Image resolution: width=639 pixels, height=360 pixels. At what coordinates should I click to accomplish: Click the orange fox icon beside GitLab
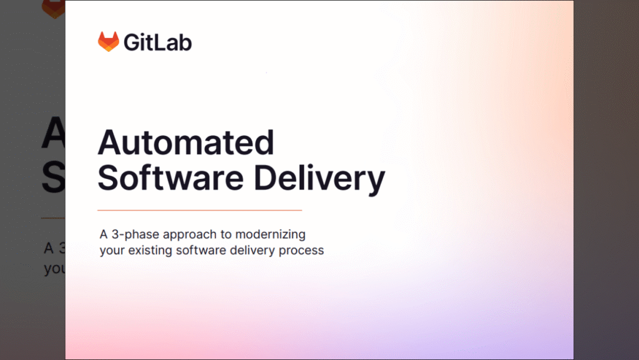(x=108, y=42)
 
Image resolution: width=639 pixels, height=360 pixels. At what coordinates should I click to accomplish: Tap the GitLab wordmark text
(x=157, y=42)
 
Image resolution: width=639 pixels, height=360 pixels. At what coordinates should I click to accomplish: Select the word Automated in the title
(x=186, y=143)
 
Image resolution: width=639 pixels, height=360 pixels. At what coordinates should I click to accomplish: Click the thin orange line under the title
(x=200, y=210)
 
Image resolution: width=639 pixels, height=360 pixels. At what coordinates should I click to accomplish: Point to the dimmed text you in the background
(x=54, y=270)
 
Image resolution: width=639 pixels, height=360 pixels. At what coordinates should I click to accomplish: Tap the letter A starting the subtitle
(x=104, y=235)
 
